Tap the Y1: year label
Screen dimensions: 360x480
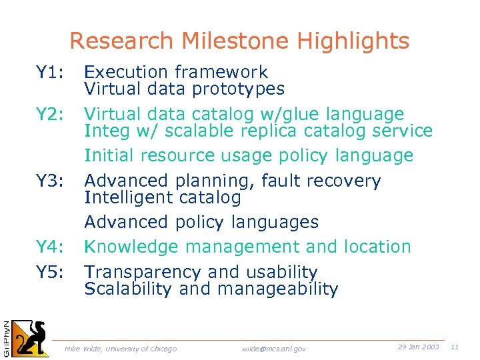point(49,72)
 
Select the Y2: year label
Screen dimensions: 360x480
point(49,114)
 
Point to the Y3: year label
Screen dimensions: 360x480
point(49,181)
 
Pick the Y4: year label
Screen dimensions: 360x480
point(49,247)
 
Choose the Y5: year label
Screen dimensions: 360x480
point(49,272)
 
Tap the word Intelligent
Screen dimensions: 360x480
point(127,197)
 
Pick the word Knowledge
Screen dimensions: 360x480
point(132,247)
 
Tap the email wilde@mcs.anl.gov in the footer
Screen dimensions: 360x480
point(274,349)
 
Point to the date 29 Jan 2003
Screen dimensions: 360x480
point(418,347)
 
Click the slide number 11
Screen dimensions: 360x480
point(455,347)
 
